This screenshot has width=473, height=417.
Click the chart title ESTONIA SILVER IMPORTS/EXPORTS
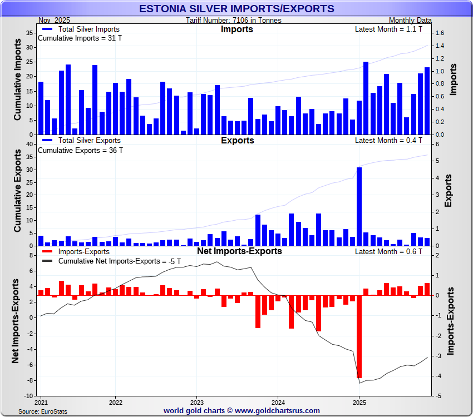click(237, 9)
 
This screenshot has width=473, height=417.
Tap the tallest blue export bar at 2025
click(359, 206)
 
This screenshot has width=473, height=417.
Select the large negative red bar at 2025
click(359, 336)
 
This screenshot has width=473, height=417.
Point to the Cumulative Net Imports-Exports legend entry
click(119, 261)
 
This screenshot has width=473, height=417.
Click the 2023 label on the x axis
click(196, 401)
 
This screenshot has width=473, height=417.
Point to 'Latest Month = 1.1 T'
click(388, 29)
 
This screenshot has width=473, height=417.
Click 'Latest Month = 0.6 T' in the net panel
click(388, 251)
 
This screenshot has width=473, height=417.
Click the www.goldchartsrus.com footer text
click(277, 411)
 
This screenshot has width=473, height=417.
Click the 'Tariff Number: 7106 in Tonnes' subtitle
click(234, 21)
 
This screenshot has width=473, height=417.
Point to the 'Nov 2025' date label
click(54, 21)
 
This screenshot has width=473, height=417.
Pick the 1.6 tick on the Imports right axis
click(440, 33)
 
